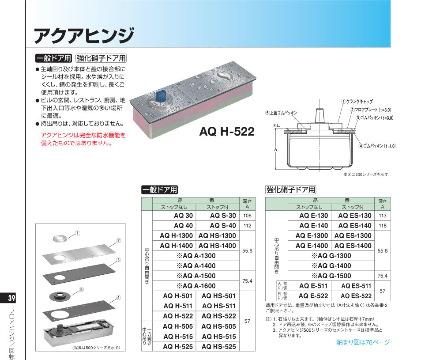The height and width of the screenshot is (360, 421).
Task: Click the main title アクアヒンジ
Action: click(84, 35)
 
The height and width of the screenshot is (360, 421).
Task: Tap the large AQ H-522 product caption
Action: click(227, 132)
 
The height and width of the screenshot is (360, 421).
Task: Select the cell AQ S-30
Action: click(223, 216)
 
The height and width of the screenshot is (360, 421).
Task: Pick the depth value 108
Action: click(247, 216)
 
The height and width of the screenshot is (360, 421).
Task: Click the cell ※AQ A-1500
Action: click(196, 276)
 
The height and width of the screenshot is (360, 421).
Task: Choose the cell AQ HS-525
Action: click(219, 347)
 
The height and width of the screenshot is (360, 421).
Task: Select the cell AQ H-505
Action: click(178, 326)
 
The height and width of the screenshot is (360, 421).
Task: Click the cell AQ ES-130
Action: click(355, 216)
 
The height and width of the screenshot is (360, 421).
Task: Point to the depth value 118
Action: click(383, 226)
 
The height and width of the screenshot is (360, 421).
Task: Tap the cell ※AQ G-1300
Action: click(331, 256)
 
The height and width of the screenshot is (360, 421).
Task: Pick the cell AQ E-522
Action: click(313, 296)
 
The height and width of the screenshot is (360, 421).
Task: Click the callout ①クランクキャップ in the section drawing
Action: click(357, 102)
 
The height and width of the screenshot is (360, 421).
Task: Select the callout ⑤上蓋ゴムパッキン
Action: click(282, 113)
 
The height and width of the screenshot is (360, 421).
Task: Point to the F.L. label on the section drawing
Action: click(277, 126)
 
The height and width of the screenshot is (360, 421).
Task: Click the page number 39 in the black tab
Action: click(11, 298)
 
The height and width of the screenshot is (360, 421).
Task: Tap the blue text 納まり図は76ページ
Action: click(363, 342)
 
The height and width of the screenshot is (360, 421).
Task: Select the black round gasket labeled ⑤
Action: click(60, 296)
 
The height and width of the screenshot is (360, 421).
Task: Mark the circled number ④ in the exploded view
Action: click(118, 298)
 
